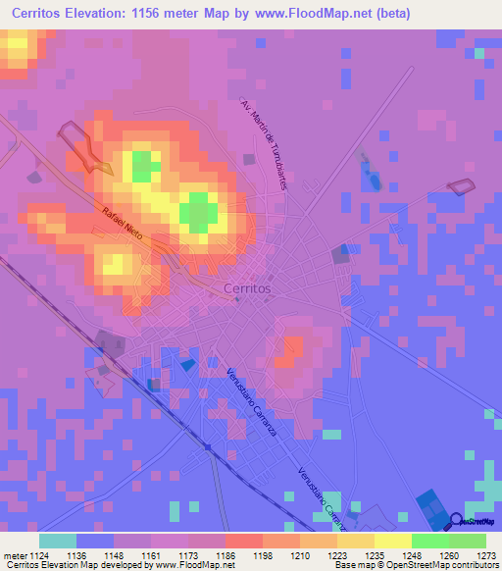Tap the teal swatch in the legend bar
point(57,541)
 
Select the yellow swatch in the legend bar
point(392,541)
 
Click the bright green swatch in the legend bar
point(429,541)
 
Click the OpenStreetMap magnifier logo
point(457,523)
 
